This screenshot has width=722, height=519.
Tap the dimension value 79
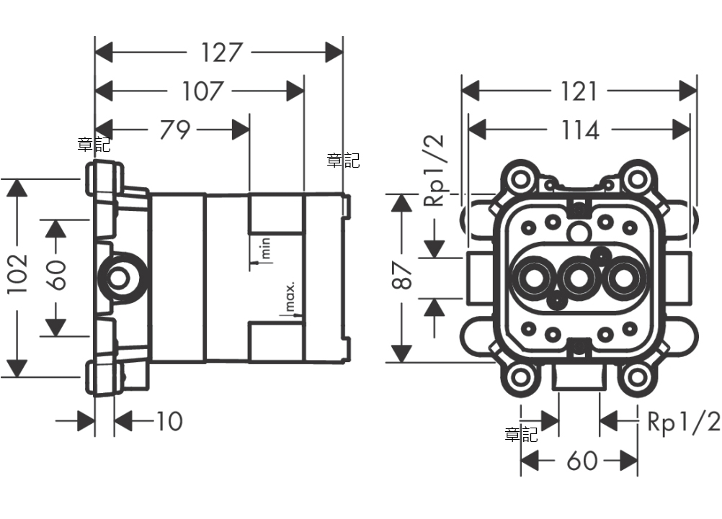pyautogui.click(x=174, y=130)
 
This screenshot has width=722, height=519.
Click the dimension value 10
pyautogui.click(x=169, y=421)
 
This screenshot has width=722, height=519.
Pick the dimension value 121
pyautogui.click(x=579, y=91)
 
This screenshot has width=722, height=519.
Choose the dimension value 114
pyautogui.click(x=581, y=130)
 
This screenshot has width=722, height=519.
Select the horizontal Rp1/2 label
pyautogui.click(x=683, y=422)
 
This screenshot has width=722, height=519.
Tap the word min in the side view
pyautogui.click(x=264, y=249)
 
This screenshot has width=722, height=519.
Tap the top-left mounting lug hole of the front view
pyautogui.click(x=520, y=177)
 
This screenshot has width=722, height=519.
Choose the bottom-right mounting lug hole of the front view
pyautogui.click(x=637, y=376)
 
